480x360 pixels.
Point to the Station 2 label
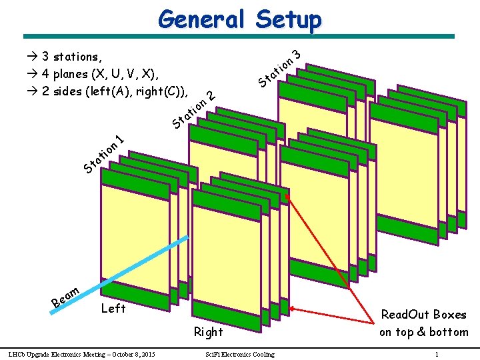coord(193,109)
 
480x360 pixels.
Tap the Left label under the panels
coord(113,308)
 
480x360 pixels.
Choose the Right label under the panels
coord(208,331)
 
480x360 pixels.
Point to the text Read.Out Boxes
coord(423,315)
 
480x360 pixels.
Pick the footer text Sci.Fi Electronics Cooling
coord(240,354)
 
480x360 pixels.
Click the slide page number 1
coord(436,354)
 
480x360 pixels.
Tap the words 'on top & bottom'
coord(423,332)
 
